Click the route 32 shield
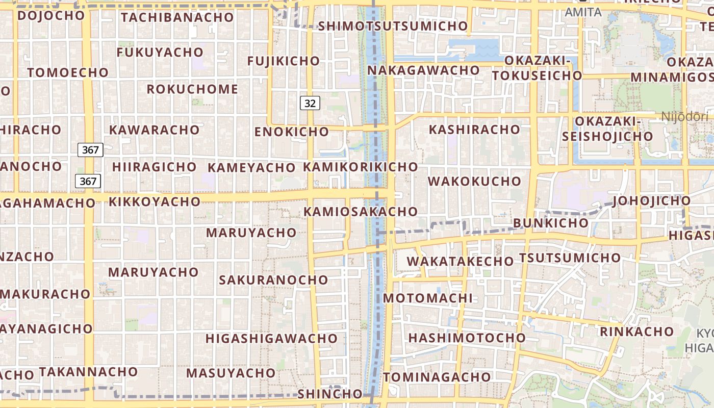click(310, 104)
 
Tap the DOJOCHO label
click(50, 15)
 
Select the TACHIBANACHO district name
click(177, 17)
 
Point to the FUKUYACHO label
click(160, 53)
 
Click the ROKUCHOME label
click(192, 89)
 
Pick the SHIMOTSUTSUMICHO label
click(393, 26)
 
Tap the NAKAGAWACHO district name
click(423, 70)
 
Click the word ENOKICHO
click(292, 132)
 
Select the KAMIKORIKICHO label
click(361, 167)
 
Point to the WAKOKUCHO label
click(474, 181)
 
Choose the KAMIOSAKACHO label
click(361, 211)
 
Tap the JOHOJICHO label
click(652, 200)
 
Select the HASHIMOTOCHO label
click(467, 338)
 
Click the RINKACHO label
click(637, 331)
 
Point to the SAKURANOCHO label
click(273, 279)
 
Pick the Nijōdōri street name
click(685, 116)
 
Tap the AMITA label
click(583, 11)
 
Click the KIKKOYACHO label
click(155, 201)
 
